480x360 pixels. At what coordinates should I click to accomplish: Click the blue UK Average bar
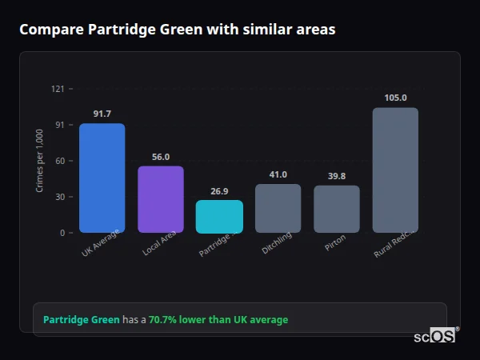point(102,178)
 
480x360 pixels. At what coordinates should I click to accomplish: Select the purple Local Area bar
point(161,199)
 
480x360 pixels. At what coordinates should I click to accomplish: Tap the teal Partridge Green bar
point(219,216)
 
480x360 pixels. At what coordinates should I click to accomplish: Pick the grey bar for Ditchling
point(278,208)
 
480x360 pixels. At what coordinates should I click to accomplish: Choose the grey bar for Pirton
point(336,209)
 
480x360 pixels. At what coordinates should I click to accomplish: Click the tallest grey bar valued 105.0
point(395,170)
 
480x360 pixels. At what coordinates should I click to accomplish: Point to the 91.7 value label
point(102,114)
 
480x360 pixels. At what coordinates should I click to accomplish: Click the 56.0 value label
point(161,157)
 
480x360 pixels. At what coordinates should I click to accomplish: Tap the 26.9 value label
point(219,191)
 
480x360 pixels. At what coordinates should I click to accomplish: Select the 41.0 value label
point(278,174)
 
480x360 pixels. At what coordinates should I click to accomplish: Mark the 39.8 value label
point(336,176)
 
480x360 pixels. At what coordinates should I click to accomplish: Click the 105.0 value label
point(395,98)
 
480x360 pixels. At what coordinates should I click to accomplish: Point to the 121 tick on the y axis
point(58,89)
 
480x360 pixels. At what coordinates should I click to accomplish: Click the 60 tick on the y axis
point(59,161)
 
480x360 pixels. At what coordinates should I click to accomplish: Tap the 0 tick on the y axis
point(62,233)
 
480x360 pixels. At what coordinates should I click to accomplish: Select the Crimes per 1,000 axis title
point(39,161)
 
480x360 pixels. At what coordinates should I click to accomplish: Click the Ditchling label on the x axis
point(278,242)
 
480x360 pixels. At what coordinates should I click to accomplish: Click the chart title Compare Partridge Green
point(177,30)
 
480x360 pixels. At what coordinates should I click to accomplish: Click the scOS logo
point(435,336)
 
